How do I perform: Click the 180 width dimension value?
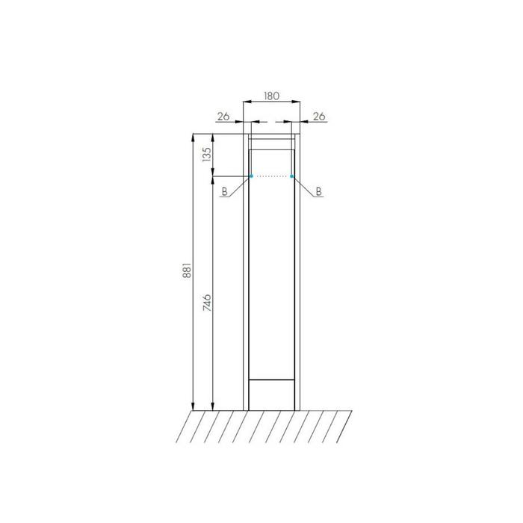(271, 96)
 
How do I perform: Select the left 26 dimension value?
(223, 117)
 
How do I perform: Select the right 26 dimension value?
(319, 117)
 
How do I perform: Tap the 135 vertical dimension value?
(207, 155)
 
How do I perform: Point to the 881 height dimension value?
(187, 270)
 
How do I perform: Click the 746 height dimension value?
(207, 303)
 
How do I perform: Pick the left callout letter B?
(224, 191)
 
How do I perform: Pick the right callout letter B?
(318, 191)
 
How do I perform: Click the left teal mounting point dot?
(251, 176)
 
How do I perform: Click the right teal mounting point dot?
(292, 176)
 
